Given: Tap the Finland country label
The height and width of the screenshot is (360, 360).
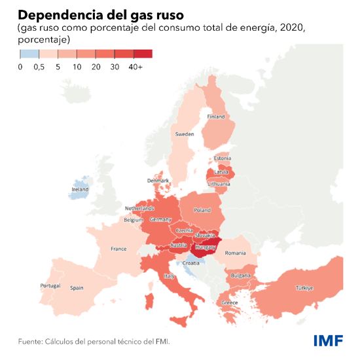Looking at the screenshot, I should click(216, 117).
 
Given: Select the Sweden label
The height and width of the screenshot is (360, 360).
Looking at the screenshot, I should click(184, 134).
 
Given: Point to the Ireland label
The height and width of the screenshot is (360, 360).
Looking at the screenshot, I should click(80, 190).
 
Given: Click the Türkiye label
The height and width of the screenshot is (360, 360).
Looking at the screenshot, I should click(304, 288).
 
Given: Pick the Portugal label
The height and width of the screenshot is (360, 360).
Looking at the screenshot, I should click(50, 286).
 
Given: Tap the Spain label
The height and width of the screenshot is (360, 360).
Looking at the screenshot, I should click(77, 287).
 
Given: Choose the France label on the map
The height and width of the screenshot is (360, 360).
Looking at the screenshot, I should click(118, 249).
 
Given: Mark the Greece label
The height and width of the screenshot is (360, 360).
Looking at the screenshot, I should click(230, 302).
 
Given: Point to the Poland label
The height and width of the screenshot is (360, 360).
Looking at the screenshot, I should click(202, 210).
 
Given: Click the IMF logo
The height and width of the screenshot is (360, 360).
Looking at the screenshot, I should click(327, 340).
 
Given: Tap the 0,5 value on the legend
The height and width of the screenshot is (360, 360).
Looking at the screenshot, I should click(39, 67).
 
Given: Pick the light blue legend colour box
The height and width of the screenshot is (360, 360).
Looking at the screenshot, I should click(29, 54).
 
